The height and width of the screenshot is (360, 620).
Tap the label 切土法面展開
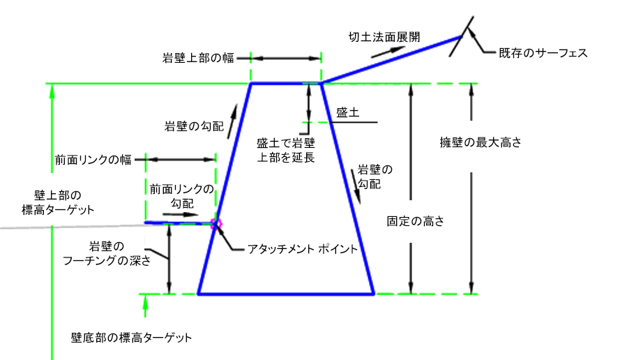tap(384, 36)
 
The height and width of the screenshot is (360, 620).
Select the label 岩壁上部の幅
tap(197, 59)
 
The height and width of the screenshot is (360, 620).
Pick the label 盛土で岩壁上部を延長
tap(286, 150)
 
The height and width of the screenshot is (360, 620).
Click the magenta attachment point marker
tap(216, 223)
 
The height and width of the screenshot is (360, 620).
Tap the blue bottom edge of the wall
tap(286, 294)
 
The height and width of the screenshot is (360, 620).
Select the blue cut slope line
tap(391, 60)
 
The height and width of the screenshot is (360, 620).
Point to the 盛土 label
tap(347, 112)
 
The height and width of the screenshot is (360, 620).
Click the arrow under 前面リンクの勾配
tap(188, 215)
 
